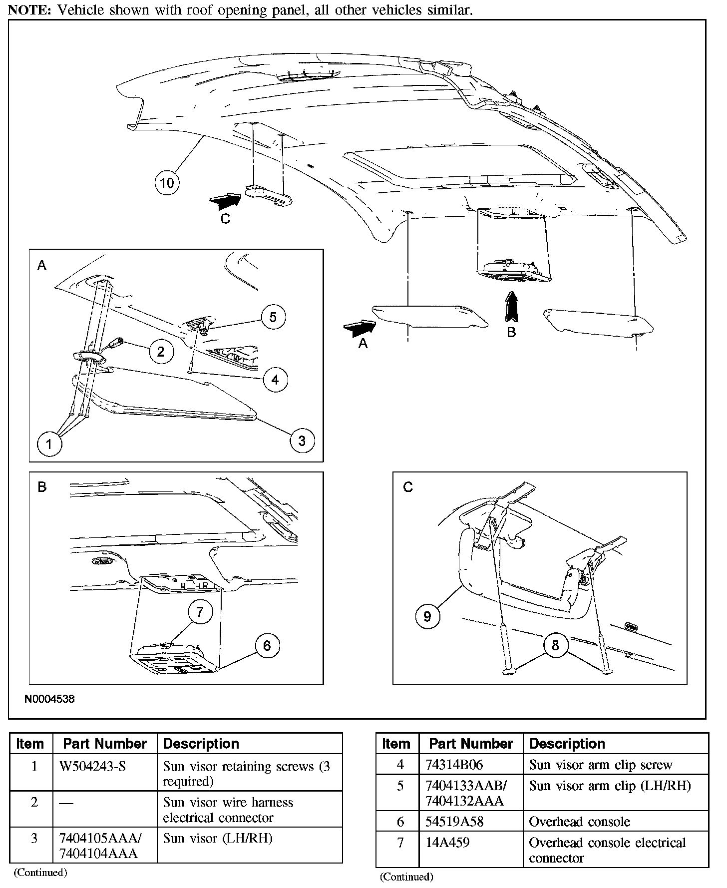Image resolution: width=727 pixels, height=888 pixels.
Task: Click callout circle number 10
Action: [x=167, y=183]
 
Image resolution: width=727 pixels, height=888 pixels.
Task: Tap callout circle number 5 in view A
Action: [x=273, y=317]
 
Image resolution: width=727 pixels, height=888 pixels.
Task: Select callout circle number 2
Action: [x=160, y=352]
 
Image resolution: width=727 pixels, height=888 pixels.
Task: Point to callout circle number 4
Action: [x=275, y=380]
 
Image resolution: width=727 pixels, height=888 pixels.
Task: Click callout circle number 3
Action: [x=302, y=441]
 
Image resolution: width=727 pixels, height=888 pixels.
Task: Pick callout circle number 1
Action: [x=49, y=444]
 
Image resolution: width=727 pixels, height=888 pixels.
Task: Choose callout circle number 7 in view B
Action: [x=200, y=612]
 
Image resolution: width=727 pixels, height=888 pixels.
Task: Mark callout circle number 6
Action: [x=267, y=646]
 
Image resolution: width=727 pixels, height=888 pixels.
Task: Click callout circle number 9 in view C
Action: [x=427, y=616]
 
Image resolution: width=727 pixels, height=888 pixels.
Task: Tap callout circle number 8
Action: [x=555, y=646]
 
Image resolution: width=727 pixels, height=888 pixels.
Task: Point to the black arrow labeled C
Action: [x=225, y=201]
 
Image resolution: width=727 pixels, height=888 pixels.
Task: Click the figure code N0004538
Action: [x=49, y=699]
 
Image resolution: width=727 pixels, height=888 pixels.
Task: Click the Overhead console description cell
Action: [x=579, y=822]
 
